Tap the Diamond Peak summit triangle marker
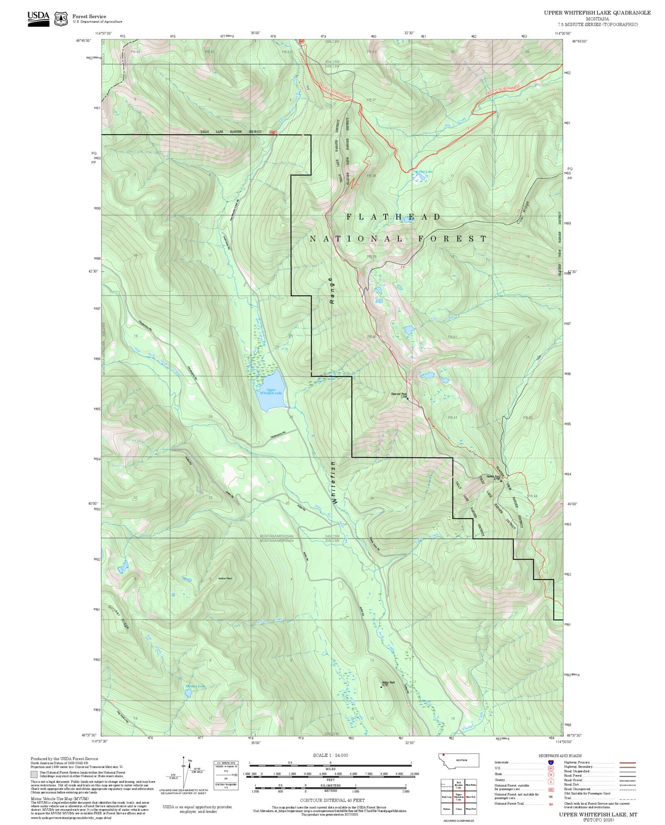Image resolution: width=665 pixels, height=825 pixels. [x=407, y=398]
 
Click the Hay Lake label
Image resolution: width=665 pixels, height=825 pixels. [x=425, y=172]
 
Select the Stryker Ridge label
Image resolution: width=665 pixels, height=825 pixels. [x=119, y=618]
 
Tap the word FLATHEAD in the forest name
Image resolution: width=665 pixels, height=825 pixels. [x=393, y=217]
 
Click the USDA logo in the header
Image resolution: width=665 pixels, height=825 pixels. [x=38, y=18]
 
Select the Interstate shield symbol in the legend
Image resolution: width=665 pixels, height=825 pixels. [x=550, y=762]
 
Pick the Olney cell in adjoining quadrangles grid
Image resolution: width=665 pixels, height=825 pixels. [x=459, y=809]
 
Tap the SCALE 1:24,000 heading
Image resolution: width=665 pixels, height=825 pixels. [x=330, y=756]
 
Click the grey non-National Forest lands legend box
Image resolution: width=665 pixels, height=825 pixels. [x=34, y=774]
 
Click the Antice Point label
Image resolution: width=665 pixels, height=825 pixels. [x=225, y=579]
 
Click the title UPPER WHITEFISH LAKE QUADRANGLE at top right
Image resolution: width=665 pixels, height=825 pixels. [x=597, y=13]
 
